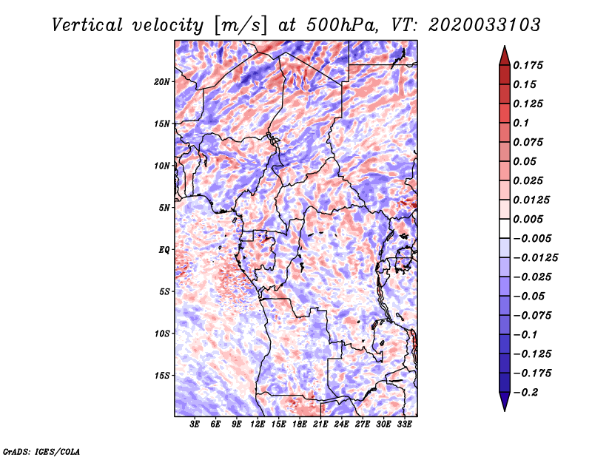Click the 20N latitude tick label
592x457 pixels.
(x=162, y=82)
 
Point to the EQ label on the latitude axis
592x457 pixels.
(x=164, y=250)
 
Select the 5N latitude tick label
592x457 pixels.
(x=164, y=208)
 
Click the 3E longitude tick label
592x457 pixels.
(x=195, y=424)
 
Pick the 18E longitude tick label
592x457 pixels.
(x=299, y=424)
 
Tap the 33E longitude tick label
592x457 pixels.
(x=404, y=424)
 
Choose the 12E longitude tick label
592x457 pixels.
(x=257, y=424)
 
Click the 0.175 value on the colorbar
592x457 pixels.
(x=528, y=65)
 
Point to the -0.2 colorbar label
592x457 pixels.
(x=525, y=393)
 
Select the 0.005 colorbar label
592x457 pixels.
(x=528, y=219)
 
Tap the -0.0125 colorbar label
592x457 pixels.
(x=535, y=258)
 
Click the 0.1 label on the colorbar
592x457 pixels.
(x=521, y=123)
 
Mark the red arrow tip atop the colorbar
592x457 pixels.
(x=505, y=47)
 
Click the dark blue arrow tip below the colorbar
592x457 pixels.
(x=505, y=410)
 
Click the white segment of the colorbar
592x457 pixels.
(x=505, y=228)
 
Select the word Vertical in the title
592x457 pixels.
(x=87, y=25)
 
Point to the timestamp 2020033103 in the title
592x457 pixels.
(x=485, y=25)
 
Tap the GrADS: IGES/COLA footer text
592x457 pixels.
(x=41, y=451)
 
